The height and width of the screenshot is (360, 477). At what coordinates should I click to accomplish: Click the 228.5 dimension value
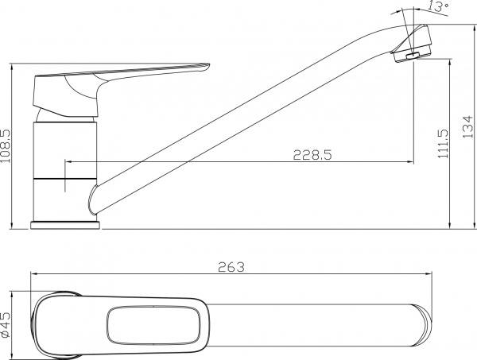click(x=312, y=155)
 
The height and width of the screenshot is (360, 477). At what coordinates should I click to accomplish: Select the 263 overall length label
click(x=231, y=267)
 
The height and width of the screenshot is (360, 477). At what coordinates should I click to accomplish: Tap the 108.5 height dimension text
click(x=6, y=146)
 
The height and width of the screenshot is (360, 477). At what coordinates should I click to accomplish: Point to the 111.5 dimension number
click(x=444, y=144)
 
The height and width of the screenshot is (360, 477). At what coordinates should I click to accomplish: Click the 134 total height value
click(x=468, y=127)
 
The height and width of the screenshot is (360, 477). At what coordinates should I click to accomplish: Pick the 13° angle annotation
click(x=438, y=6)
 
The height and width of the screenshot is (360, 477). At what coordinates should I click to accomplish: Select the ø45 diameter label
click(x=6, y=325)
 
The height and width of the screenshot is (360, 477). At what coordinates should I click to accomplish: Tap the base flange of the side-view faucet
click(x=65, y=226)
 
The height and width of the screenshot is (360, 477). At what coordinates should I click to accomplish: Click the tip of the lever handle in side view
click(x=208, y=65)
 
